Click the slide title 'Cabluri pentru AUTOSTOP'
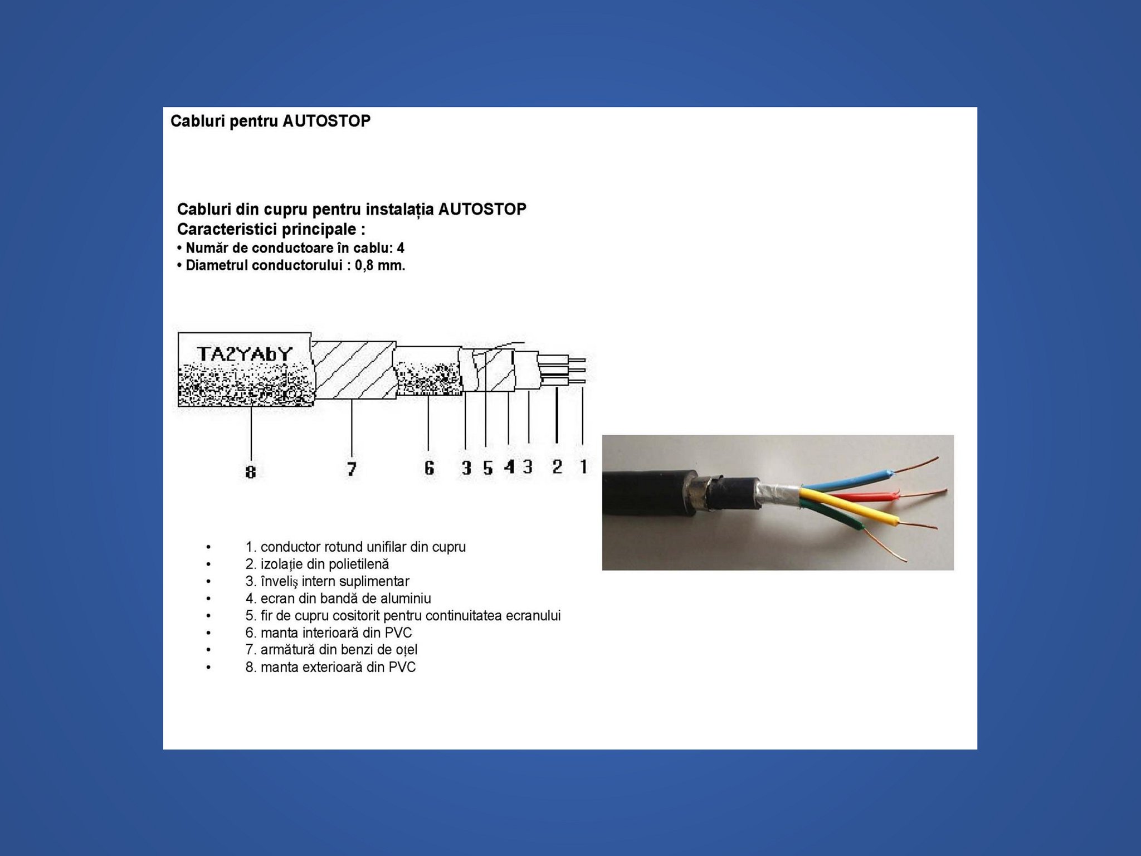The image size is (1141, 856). click(270, 121)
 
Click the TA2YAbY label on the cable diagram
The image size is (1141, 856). click(245, 354)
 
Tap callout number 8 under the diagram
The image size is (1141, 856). click(251, 472)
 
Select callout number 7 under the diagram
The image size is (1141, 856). click(352, 469)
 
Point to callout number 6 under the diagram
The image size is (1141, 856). click(428, 468)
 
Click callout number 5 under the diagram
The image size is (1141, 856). click(488, 468)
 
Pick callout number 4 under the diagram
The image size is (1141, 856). click(509, 467)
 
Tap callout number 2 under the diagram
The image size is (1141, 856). click(557, 467)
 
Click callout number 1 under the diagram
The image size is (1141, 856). click(583, 466)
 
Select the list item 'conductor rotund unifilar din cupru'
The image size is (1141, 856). click(355, 547)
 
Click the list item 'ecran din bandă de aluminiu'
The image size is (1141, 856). click(338, 599)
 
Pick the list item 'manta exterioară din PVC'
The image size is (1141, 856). click(330, 667)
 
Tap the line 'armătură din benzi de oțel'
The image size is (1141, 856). click(331, 650)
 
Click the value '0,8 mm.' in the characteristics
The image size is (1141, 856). click(380, 266)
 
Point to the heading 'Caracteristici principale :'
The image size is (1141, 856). click(271, 229)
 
